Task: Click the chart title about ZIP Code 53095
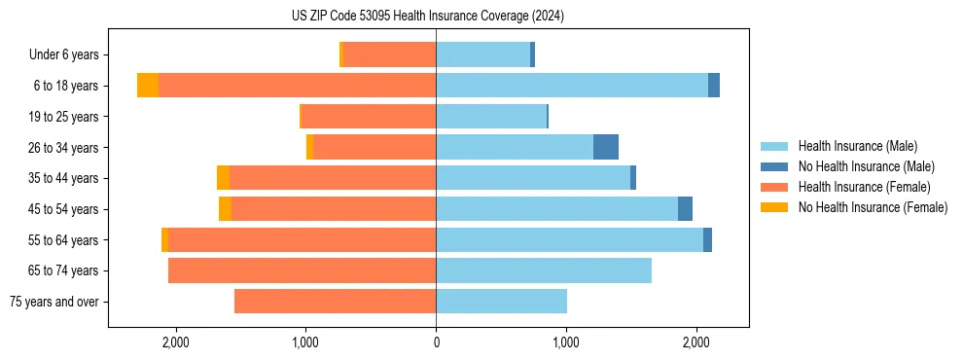point(427,17)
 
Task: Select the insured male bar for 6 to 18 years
point(572,86)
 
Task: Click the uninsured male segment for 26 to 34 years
point(606,147)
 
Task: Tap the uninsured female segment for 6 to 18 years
point(148,86)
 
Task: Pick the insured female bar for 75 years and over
point(335,302)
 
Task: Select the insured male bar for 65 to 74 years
point(544,270)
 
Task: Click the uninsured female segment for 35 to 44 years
point(223,178)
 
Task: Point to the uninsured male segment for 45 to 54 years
point(685,209)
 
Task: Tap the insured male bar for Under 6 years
point(482,54)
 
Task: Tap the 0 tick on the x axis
point(436,342)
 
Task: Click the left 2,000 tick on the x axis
point(176,342)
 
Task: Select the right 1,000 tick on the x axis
point(566,342)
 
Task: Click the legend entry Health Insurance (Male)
point(857,146)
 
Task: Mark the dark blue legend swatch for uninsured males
point(774,166)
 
